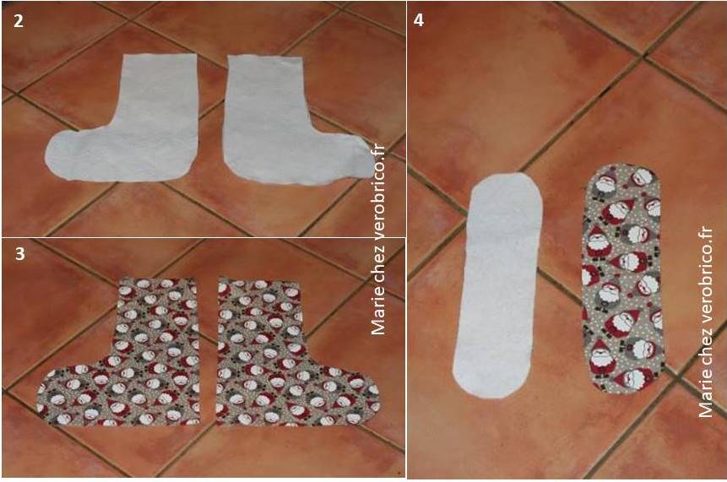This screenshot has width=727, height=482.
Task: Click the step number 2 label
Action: click(18, 21)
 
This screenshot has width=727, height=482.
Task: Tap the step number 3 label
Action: click(20, 254)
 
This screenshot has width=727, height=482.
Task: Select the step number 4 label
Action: click(418, 20)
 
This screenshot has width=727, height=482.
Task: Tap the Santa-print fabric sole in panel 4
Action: click(622, 278)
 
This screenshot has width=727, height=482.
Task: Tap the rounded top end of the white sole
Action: click(507, 183)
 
